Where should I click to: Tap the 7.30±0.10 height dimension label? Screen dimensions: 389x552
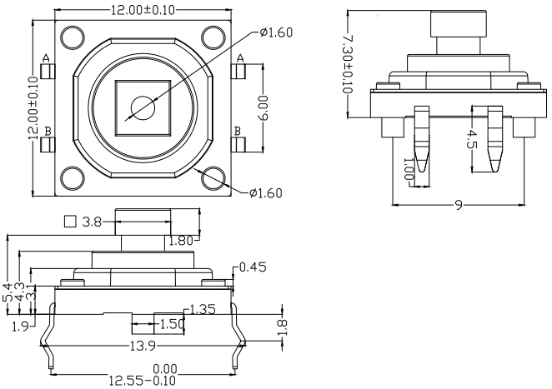point(349,63)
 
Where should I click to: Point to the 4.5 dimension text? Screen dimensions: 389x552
point(474,139)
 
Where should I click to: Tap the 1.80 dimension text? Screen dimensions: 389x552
point(179,242)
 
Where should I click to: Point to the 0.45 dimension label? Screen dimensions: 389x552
point(253,268)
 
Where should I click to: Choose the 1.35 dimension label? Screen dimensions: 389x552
point(203,310)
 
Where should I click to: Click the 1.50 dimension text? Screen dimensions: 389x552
point(171,323)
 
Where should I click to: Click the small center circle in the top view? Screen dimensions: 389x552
point(143,107)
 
